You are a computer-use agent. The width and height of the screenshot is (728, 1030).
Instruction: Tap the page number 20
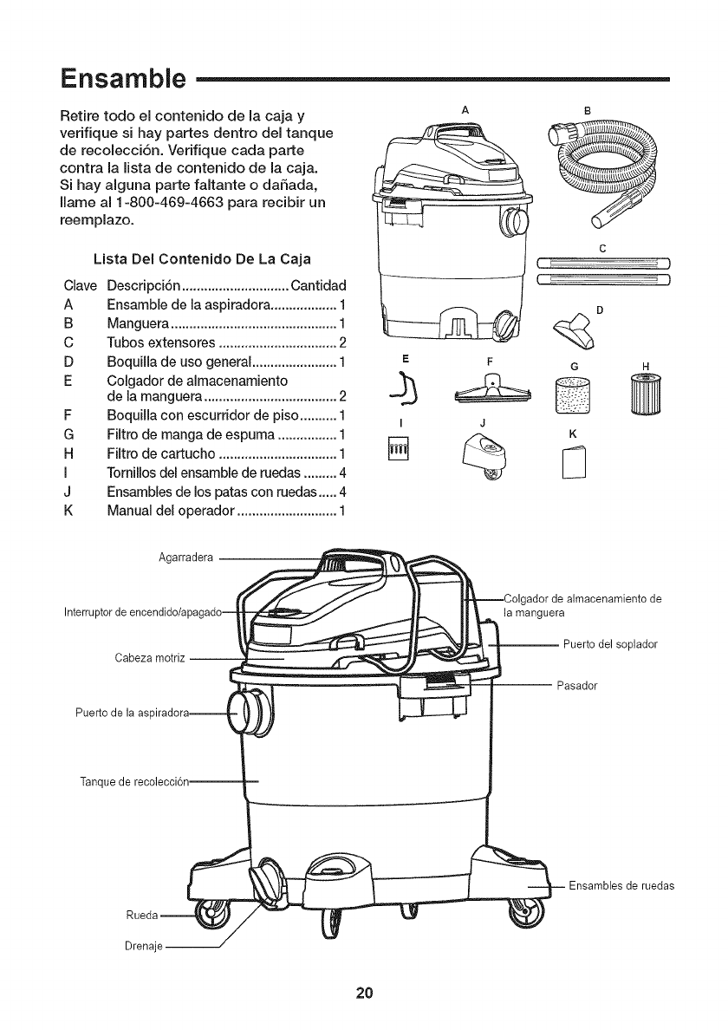click(x=363, y=992)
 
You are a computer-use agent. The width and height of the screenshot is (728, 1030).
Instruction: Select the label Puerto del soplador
click(x=610, y=644)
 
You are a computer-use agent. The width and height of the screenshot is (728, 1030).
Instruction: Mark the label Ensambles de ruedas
click(x=621, y=886)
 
